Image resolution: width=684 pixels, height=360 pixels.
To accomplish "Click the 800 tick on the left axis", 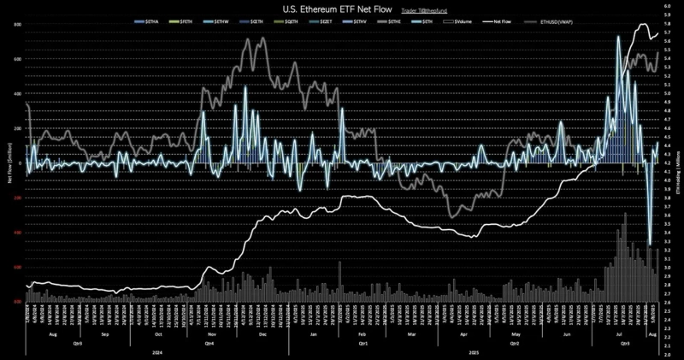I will pyautogui.click(x=17, y=24).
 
